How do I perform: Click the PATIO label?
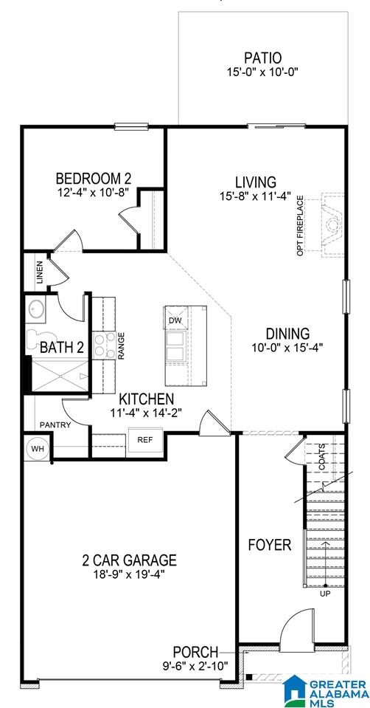[262, 58]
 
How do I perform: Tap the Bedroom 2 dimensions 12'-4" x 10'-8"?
[94, 191]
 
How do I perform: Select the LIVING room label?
[256, 182]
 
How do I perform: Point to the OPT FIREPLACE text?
[301, 226]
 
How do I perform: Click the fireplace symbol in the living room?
[333, 225]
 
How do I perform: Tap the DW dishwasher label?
[175, 320]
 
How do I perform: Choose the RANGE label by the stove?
[121, 346]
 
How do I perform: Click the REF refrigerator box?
[145, 439]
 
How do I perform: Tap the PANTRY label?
[55, 425]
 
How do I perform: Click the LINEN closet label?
[40, 272]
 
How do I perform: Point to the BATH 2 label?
[62, 347]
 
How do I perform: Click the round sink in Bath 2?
[35, 309]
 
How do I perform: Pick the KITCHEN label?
[146, 399]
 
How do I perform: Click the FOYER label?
[270, 545]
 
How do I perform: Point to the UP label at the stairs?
[325, 594]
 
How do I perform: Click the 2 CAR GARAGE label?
[129, 560]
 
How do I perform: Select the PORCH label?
[195, 652]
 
